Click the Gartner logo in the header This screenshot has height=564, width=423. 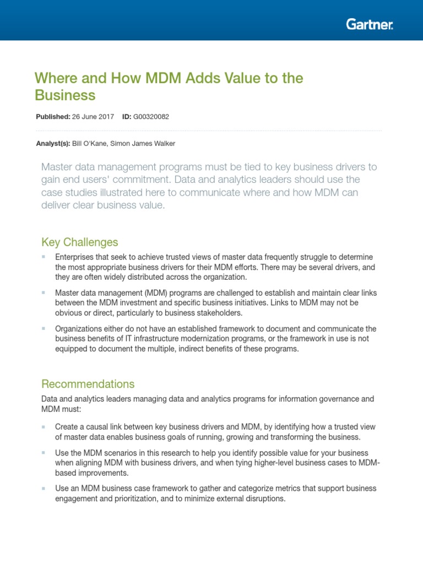[370, 24]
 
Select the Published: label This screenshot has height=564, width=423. [53, 117]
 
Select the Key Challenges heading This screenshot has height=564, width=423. [79, 242]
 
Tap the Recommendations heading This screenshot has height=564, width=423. [88, 384]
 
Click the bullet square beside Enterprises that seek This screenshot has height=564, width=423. [44, 257]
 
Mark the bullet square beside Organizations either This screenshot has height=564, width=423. [44, 329]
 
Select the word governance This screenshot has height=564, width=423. [334, 398]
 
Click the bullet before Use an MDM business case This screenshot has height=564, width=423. [44, 489]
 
